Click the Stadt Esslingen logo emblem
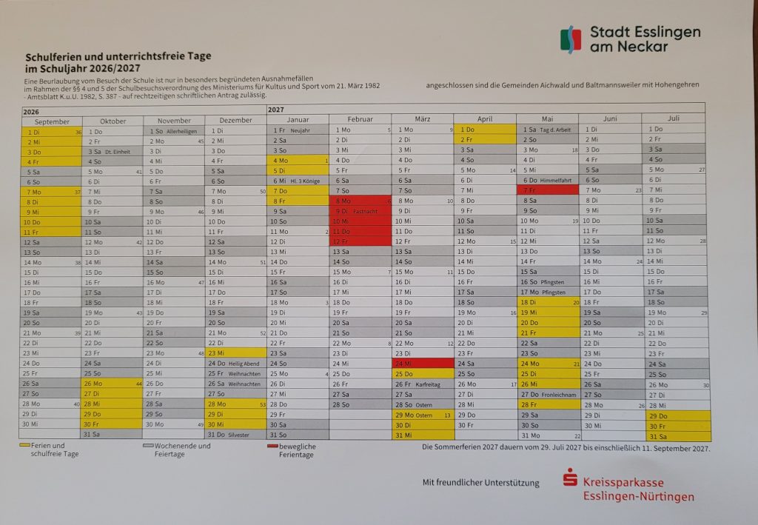(x=571, y=39)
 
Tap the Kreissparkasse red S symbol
(x=569, y=481)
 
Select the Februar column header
(x=360, y=119)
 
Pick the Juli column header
(x=673, y=118)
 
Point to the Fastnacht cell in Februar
(x=360, y=210)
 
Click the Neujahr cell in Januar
(x=298, y=130)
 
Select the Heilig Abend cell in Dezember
(x=235, y=364)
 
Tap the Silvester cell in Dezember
(x=235, y=435)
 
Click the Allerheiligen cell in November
(x=175, y=131)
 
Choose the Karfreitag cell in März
(x=422, y=384)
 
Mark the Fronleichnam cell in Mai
(x=548, y=395)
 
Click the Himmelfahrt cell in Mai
(x=548, y=180)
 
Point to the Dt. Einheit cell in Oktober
(x=113, y=152)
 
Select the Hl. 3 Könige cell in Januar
(x=298, y=180)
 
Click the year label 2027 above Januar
(x=275, y=110)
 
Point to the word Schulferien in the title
(x=55, y=56)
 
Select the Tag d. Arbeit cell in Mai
(x=548, y=130)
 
